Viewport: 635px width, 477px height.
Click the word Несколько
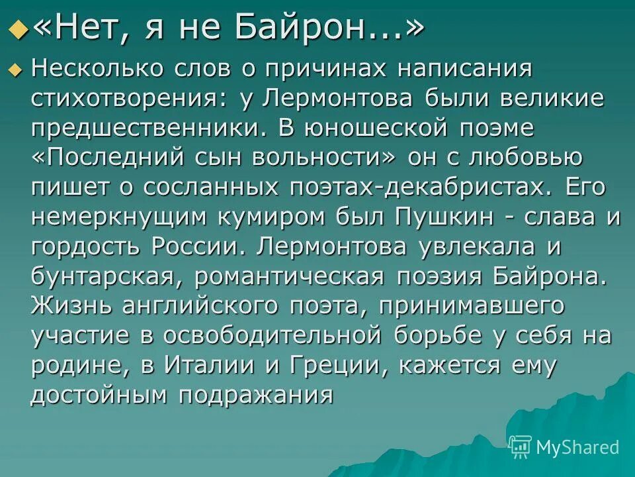pyautogui.click(x=97, y=68)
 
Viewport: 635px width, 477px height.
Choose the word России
pyautogui.click(x=198, y=246)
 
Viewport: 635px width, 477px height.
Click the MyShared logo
pyautogui.click(x=565, y=447)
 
